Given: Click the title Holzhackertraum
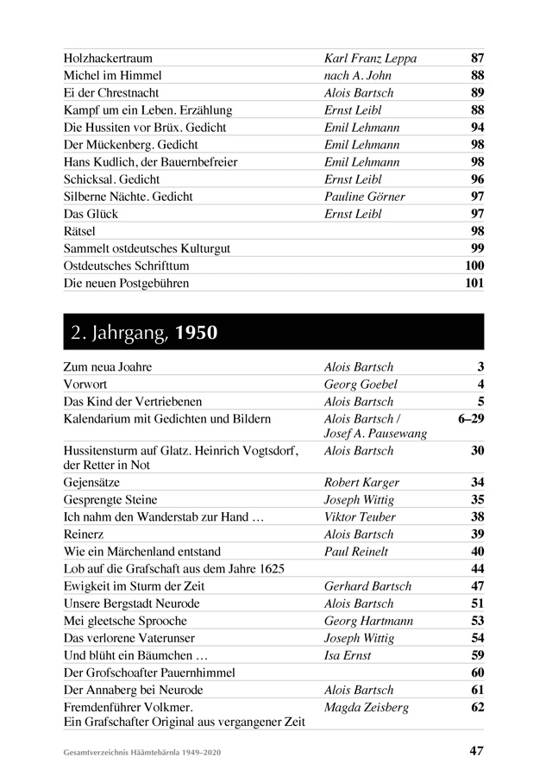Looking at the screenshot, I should pos(108,59).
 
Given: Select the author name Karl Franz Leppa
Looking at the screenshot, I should pos(370,59).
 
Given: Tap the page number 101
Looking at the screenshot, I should pos(474,283).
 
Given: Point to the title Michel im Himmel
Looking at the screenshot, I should pos(112,76).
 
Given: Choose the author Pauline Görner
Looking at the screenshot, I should pos(364,197).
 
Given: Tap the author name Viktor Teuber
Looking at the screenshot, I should pos(360,517).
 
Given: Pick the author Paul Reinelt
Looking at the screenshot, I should pos(357,552).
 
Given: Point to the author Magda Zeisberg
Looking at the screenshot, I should pos(366,708).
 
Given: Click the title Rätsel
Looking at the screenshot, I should pos(79,231).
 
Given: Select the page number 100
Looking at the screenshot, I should pos(474,266).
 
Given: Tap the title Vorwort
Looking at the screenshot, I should pos(85,385).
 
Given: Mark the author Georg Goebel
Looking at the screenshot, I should pos(361,385).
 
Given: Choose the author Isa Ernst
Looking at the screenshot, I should pos(348,655).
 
